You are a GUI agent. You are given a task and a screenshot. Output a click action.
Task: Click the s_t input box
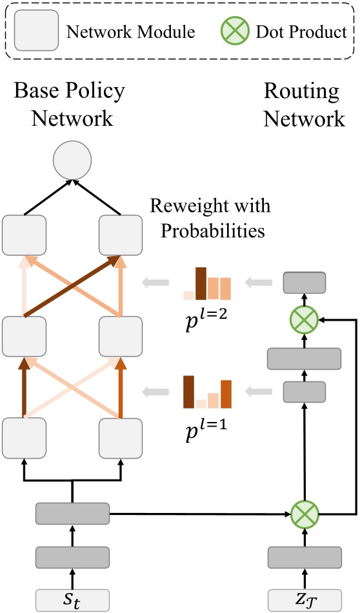click(x=72, y=600)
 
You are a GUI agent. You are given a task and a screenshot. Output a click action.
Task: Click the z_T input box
click(x=305, y=600)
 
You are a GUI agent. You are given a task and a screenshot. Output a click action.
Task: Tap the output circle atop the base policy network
click(x=72, y=160)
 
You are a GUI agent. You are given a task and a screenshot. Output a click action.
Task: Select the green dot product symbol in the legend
click(x=235, y=31)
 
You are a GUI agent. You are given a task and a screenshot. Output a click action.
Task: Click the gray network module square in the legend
click(x=37, y=30)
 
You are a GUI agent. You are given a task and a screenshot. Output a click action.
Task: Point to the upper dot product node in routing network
click(x=305, y=320)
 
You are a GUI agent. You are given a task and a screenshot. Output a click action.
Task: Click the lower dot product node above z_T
click(x=305, y=514)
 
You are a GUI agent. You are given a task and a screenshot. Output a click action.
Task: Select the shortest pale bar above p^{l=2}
click(x=189, y=296)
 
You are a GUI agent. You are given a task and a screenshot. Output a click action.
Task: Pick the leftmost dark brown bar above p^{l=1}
click(x=189, y=392)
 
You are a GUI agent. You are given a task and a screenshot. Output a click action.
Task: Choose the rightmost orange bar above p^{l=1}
click(x=226, y=394)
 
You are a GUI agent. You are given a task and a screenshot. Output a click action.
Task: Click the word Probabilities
click(x=213, y=230)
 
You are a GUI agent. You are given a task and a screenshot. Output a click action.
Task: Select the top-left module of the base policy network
click(x=24, y=235)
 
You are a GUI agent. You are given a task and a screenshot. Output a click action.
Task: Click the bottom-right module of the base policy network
click(x=121, y=438)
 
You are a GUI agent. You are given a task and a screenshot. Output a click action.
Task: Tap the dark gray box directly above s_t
click(x=72, y=557)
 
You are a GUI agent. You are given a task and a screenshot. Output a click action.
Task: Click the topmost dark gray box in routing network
click(x=305, y=283)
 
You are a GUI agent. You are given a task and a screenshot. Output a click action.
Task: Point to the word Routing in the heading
click(x=301, y=92)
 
